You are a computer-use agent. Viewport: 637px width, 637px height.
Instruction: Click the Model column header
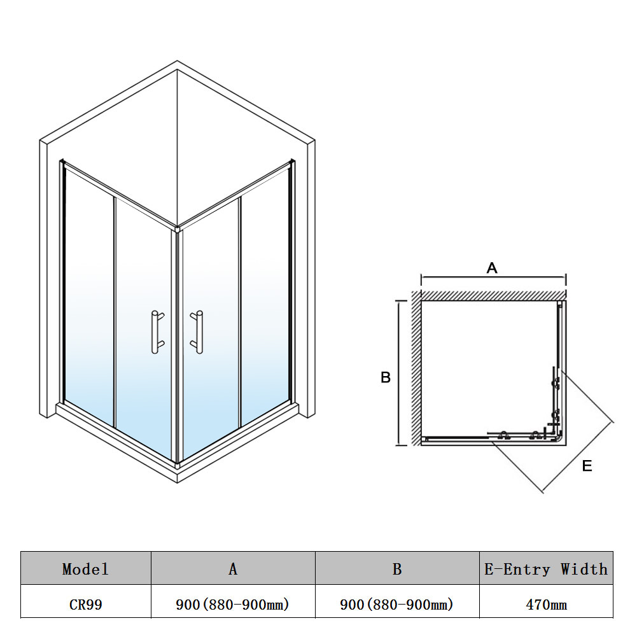86,569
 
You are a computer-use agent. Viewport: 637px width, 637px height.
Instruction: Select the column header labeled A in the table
233,569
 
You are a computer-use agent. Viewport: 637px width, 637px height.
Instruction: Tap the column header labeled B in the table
397,569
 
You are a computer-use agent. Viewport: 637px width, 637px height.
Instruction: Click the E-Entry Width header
545,569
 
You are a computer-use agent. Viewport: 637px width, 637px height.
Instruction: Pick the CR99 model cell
86,605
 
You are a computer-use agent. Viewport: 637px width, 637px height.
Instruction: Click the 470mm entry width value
546,605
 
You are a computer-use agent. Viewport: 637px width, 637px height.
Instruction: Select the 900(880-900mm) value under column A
232,605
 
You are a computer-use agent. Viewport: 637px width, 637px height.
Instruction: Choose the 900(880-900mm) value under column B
396,605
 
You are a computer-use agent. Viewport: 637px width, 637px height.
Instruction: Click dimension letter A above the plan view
492,268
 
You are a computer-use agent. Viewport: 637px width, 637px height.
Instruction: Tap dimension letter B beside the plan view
386,377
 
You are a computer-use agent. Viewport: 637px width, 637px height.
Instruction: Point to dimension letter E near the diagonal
587,466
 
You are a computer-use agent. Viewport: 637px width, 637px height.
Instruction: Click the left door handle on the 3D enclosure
157,332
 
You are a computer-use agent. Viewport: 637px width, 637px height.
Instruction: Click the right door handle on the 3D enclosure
197,332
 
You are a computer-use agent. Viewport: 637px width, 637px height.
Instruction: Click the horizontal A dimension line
493,277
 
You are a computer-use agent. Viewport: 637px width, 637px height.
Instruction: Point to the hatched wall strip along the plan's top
493,296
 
